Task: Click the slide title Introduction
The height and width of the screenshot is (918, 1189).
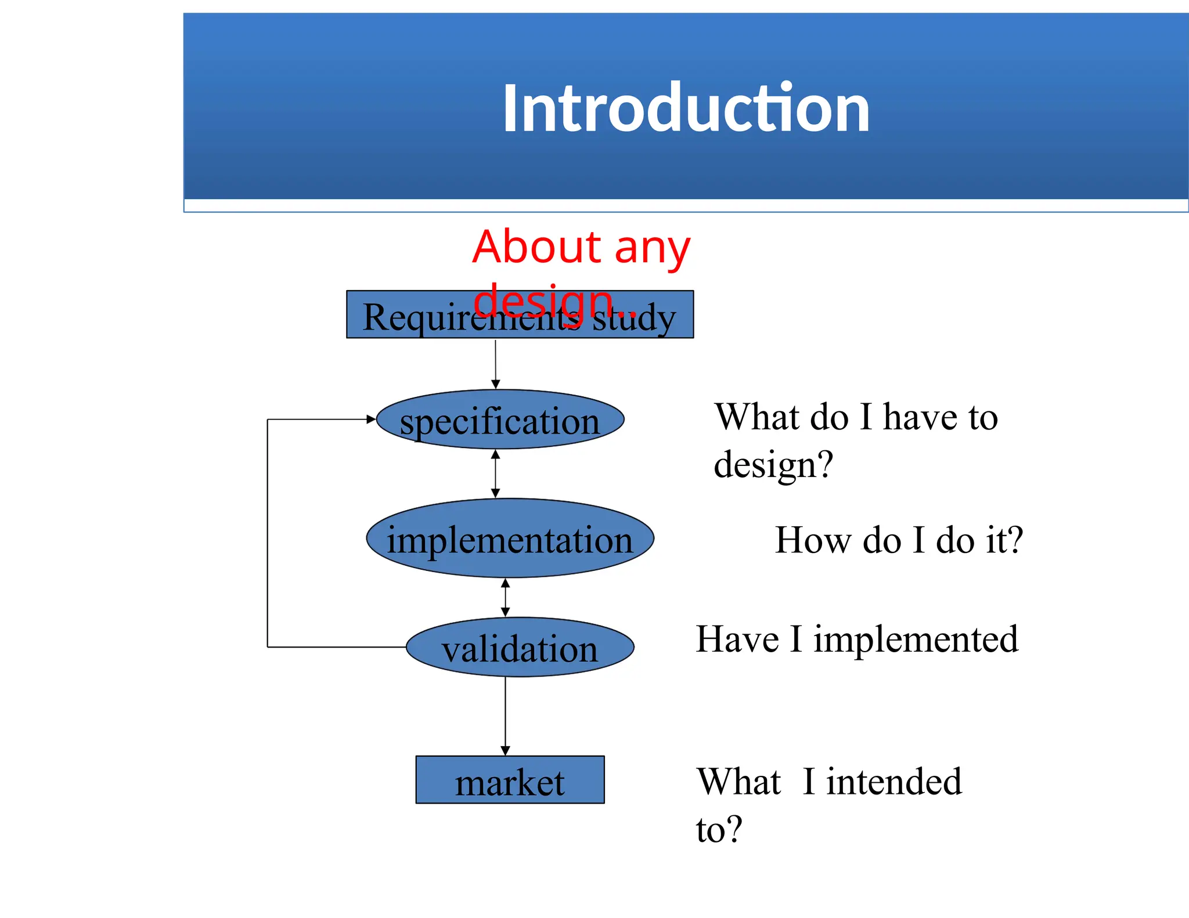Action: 686,109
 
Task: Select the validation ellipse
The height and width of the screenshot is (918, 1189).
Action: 520,648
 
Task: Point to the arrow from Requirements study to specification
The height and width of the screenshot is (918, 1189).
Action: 495,364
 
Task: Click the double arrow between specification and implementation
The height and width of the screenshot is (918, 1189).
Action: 495,474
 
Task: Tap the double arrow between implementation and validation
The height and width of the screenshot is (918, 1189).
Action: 505,597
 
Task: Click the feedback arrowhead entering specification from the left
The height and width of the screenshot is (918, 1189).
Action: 370,419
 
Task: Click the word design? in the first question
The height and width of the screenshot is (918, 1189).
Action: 773,465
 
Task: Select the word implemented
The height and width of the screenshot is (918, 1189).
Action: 916,639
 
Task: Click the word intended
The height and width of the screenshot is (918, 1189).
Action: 894,782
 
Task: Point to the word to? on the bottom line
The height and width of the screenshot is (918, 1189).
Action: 719,829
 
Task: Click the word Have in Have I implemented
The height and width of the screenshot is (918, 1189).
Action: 737,639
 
